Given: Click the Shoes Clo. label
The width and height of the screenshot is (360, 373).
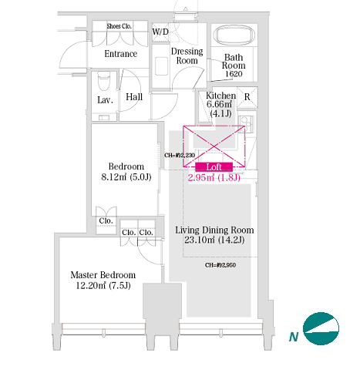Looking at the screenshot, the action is pyautogui.click(x=119, y=26).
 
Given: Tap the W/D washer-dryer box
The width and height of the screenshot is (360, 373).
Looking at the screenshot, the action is pyautogui.click(x=160, y=32).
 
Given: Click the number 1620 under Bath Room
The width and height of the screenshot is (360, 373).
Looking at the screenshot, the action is pyautogui.click(x=234, y=74).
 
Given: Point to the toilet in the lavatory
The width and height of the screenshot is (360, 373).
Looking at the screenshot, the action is pyautogui.click(x=104, y=81).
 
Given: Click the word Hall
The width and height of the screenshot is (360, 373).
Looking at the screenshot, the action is pyautogui.click(x=134, y=97).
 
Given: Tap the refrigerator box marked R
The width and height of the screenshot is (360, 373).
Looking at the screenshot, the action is pyautogui.click(x=247, y=97).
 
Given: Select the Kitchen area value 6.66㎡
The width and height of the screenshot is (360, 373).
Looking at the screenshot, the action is pyautogui.click(x=219, y=104).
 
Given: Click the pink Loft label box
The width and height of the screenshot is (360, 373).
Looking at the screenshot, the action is pyautogui.click(x=214, y=167).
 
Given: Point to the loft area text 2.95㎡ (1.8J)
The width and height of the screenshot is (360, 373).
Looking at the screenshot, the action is pyautogui.click(x=214, y=177).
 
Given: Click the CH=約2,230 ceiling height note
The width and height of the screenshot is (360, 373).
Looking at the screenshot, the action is pyautogui.click(x=180, y=155).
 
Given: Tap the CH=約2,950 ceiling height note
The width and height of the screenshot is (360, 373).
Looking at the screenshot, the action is pyautogui.click(x=220, y=265).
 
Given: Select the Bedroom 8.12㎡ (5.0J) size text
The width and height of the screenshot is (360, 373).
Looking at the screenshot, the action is pyautogui.click(x=126, y=177).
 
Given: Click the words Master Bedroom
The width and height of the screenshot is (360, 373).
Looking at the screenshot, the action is pyautogui.click(x=103, y=275).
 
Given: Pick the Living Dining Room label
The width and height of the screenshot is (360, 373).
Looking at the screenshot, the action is pyautogui.click(x=214, y=230).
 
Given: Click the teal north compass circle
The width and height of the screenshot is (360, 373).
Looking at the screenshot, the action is pyautogui.click(x=321, y=328).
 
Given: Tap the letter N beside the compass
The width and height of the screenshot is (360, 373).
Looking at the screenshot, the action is pyautogui.click(x=294, y=337).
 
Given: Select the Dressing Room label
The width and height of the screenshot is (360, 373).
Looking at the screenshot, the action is pyautogui.click(x=187, y=56).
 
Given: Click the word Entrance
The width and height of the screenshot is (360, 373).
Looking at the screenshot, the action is pyautogui.click(x=121, y=54).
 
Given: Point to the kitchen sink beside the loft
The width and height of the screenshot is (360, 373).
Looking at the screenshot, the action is pyautogui.click(x=246, y=124).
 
